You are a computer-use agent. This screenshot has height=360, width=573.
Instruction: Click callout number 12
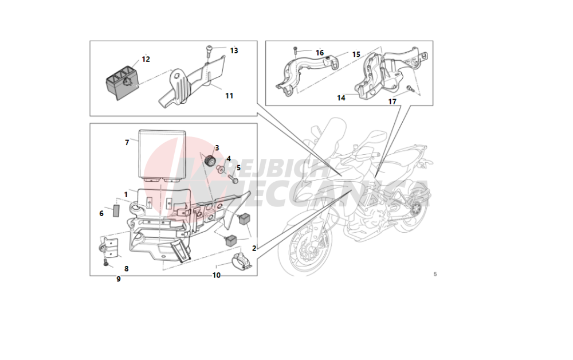[146, 59]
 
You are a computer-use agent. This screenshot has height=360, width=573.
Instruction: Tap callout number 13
[234, 50]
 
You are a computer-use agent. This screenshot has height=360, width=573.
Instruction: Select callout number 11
[229, 96]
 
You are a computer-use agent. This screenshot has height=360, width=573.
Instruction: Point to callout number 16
[320, 53]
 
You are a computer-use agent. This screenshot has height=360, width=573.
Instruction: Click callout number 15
[356, 54]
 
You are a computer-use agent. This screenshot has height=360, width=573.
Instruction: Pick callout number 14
[341, 98]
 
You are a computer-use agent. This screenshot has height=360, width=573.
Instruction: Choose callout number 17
[392, 102]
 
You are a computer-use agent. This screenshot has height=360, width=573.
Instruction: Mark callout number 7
[127, 142]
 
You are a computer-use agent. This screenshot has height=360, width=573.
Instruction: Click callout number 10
[216, 275]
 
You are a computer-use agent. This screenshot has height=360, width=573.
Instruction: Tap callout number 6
[101, 213]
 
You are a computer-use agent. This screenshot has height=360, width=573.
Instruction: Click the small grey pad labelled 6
[115, 209]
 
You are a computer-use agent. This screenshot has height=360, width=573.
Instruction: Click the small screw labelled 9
[107, 263]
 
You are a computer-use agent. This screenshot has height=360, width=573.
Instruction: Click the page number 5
[435, 274]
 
